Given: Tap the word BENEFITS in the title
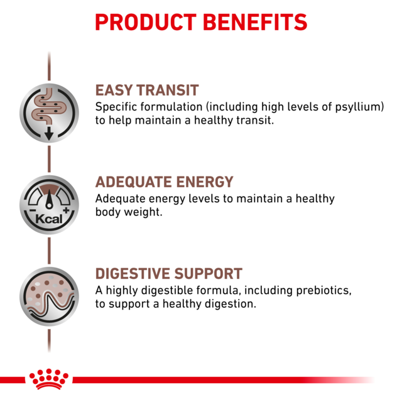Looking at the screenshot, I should click(x=255, y=23).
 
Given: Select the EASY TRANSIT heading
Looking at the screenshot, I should click(x=147, y=90).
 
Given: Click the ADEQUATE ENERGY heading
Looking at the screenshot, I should click(x=164, y=182).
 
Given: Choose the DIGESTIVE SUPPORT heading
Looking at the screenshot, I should click(x=168, y=274).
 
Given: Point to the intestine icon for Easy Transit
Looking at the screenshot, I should click(x=49, y=112).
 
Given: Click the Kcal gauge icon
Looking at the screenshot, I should click(x=49, y=205).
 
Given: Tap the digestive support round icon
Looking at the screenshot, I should click(x=49, y=296).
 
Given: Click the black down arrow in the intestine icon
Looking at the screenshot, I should click(x=49, y=134).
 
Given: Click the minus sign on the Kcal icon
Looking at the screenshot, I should click(x=31, y=210).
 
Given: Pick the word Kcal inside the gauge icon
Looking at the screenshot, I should click(x=49, y=219).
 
